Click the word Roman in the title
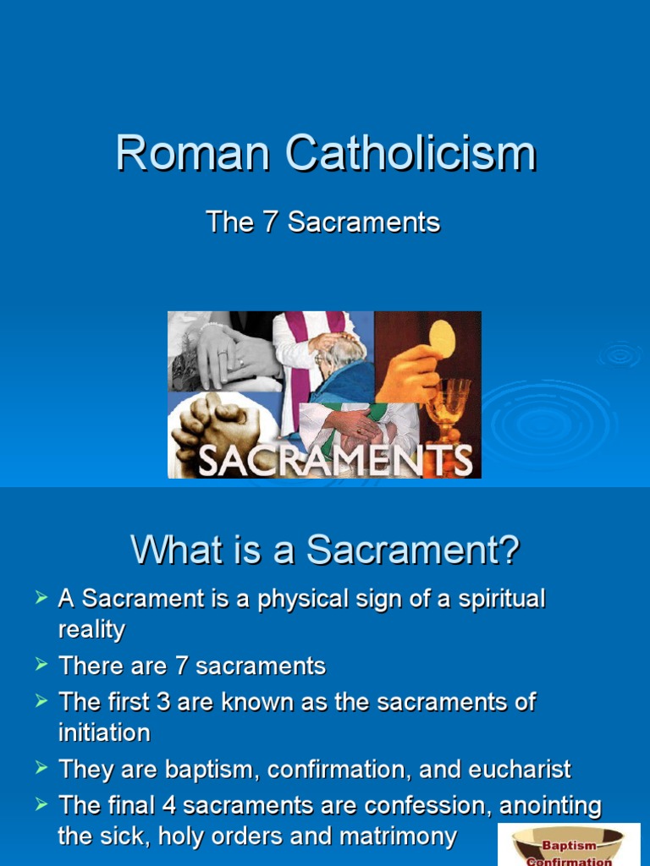193,153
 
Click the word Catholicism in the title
410,153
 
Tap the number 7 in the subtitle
270,222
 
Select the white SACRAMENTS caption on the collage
335,460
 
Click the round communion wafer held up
442,338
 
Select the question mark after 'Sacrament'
510,550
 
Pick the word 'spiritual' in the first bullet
502,600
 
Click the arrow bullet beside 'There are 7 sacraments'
41,664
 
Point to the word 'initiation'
104,733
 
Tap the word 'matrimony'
398,836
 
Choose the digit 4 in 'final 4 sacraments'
168,805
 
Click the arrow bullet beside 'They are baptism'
41,767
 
